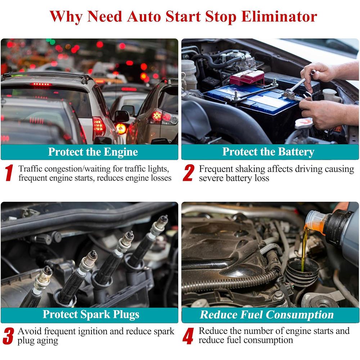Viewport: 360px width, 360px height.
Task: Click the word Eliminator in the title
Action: click(x=279, y=17)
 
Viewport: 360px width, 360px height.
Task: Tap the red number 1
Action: click(x=9, y=173)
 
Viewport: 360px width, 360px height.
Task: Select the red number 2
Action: click(x=189, y=173)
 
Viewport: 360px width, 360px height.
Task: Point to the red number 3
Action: click(x=8, y=336)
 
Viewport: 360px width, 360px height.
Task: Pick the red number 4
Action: click(x=188, y=336)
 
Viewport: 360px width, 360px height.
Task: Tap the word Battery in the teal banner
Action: click(x=296, y=152)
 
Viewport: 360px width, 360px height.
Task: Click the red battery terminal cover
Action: click(x=247, y=77)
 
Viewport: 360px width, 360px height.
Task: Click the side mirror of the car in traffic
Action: click(x=122, y=116)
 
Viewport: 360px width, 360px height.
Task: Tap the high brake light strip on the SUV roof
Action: click(x=41, y=85)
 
